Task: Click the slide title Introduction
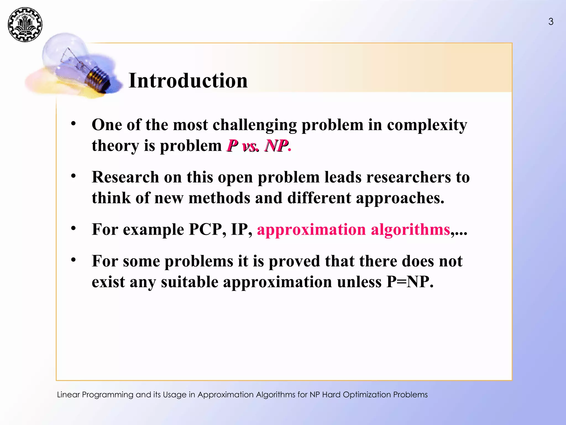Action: point(188,81)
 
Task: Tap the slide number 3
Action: point(551,22)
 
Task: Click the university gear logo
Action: point(25,25)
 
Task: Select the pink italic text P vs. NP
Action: point(258,146)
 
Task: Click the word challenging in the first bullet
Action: point(255,125)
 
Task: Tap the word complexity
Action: point(427,125)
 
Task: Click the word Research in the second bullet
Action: point(125,177)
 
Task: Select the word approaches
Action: point(400,198)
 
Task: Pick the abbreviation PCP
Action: point(205,229)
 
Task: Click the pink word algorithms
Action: point(410,229)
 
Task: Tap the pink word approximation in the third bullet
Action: point(311,229)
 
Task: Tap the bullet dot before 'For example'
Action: point(73,228)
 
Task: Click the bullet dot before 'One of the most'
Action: point(73,124)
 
